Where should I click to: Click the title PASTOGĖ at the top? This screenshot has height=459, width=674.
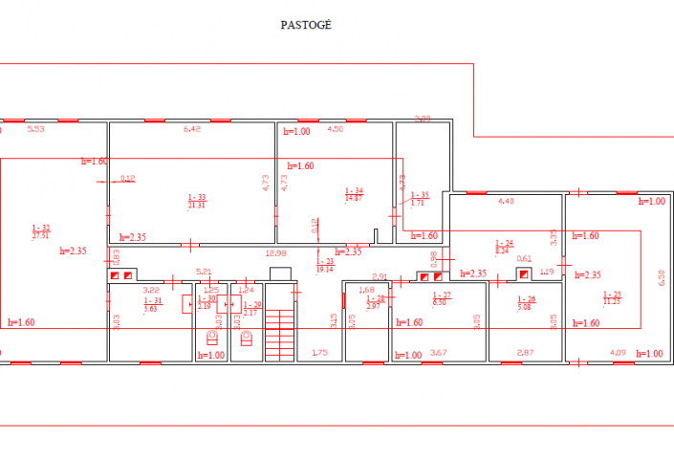(306, 25)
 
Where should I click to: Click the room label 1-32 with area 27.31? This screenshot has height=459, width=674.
(40, 230)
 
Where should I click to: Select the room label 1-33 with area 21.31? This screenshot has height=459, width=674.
(196, 201)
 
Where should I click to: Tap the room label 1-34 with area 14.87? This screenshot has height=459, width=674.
(354, 194)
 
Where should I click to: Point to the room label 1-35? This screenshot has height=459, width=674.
(419, 199)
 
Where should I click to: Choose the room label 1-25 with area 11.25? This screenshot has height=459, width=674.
(611, 296)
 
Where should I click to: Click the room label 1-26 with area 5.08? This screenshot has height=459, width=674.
(523, 304)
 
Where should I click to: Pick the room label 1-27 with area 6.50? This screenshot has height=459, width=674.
(441, 298)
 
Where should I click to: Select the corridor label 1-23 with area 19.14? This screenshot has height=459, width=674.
(326, 265)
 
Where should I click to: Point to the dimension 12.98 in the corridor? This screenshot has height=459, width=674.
(275, 252)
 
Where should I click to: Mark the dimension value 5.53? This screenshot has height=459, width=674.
(36, 128)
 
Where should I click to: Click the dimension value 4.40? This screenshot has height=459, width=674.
(507, 201)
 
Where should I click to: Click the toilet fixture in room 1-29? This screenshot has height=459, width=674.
(247, 336)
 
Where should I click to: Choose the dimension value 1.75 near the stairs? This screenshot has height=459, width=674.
(319, 354)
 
